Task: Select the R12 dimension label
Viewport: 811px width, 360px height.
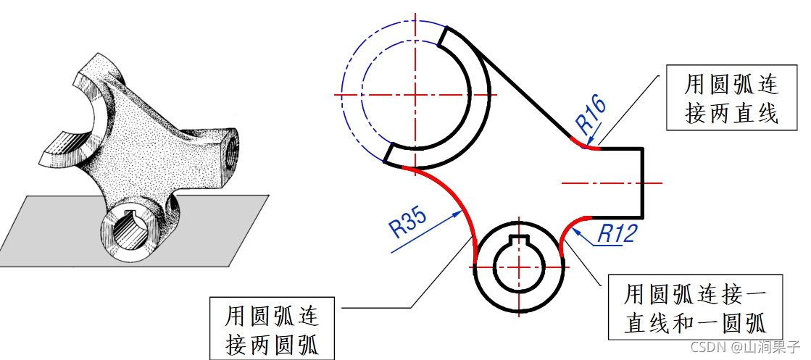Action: coord(617,233)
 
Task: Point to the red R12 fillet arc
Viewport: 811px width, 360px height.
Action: coord(568,228)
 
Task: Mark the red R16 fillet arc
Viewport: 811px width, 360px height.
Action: coord(589,146)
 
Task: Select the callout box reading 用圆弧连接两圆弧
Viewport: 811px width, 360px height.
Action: coord(273,328)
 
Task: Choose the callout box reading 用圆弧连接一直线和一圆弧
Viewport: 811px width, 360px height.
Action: coord(695,306)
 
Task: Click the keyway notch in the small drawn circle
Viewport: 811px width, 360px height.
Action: coord(519,241)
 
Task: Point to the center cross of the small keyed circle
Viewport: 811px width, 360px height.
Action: coord(519,267)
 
